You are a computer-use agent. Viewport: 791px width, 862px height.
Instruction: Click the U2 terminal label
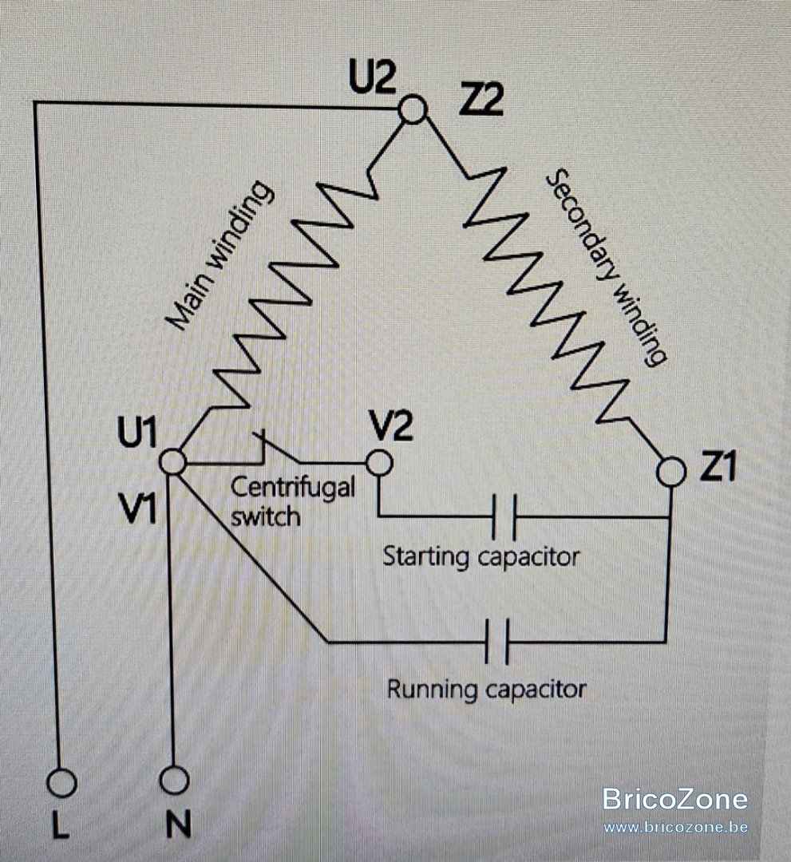point(372,79)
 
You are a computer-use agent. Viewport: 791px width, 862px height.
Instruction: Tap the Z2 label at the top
point(481,101)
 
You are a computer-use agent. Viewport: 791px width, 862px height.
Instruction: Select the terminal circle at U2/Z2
point(413,109)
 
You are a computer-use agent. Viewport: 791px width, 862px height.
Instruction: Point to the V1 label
point(139,508)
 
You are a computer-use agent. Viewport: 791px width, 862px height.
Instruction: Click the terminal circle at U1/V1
point(173,461)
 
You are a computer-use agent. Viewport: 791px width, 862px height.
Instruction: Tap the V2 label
point(391,426)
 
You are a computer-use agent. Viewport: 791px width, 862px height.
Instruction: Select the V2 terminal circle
point(378,462)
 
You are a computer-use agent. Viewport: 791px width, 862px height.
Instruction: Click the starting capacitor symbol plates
point(504,516)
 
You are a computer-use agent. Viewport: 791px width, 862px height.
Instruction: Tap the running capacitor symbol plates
point(497,642)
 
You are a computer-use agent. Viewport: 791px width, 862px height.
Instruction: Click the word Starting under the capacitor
point(426,556)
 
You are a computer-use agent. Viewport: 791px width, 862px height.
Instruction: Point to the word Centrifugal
point(293,488)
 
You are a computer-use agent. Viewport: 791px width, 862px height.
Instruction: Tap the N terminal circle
point(174,780)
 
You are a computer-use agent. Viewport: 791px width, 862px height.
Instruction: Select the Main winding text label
point(220,255)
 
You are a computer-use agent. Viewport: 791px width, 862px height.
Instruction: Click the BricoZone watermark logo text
point(675,799)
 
